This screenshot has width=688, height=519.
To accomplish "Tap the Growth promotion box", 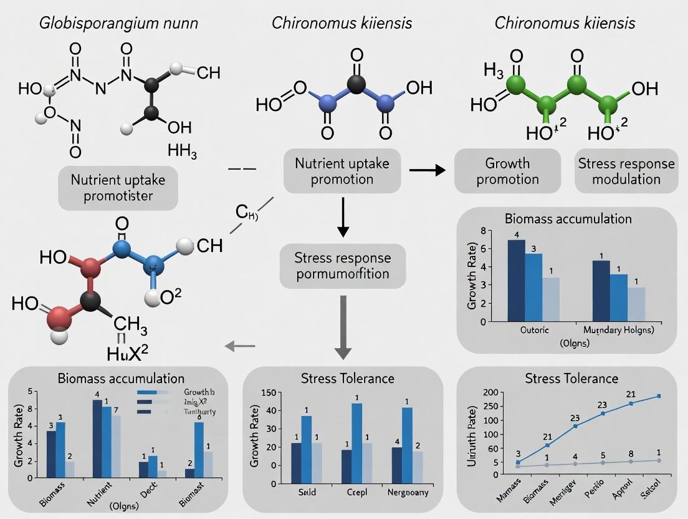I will pyautogui.click(x=507, y=171).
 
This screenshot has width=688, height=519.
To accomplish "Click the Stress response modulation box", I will pyautogui.click(x=626, y=171).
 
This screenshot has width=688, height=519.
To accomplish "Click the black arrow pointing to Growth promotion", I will pyautogui.click(x=426, y=170).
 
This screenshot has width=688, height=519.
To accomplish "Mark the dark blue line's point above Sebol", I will pyautogui.click(x=659, y=396).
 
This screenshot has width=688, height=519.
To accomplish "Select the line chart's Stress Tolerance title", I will pyautogui.click(x=571, y=378).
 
